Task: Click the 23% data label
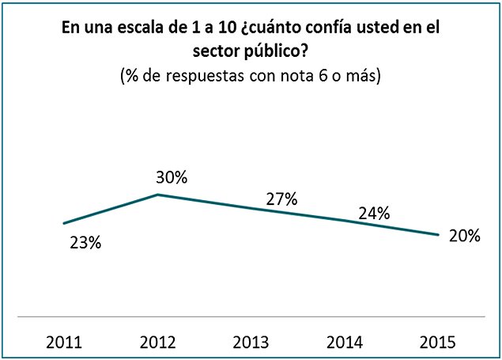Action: [x=85, y=244]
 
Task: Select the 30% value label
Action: [x=171, y=177]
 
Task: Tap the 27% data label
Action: [x=281, y=199]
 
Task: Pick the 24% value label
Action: [x=373, y=213]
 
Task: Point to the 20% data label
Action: [x=464, y=236]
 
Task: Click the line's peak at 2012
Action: [x=158, y=194]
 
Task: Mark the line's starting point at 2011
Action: [x=64, y=223]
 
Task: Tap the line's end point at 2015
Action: [x=438, y=234]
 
